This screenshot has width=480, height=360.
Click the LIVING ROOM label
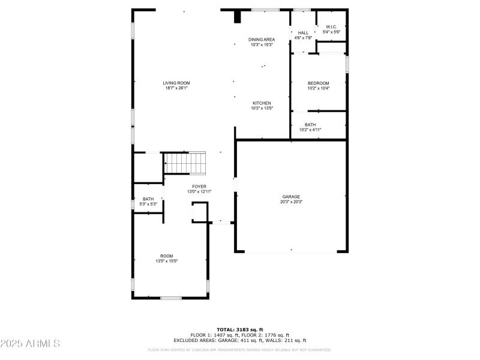pyautogui.click(x=176, y=83)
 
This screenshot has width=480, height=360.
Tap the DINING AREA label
pyautogui.click(x=261, y=40)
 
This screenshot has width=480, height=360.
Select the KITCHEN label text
pyautogui.click(x=261, y=103)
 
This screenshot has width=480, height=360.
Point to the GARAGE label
pyautogui.click(x=291, y=197)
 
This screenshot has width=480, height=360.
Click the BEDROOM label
pyautogui.click(x=318, y=83)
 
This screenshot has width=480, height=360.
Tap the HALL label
pyautogui.click(x=303, y=32)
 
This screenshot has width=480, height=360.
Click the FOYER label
pyautogui.click(x=199, y=187)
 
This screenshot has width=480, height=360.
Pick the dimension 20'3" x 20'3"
pyautogui.click(x=291, y=202)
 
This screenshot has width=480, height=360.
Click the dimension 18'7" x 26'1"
pyautogui.click(x=176, y=88)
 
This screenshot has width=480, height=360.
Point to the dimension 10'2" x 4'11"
pyautogui.click(x=310, y=130)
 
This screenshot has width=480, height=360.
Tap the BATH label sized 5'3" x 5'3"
pyautogui.click(x=148, y=199)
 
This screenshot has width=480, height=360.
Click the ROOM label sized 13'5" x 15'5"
pyautogui.click(x=166, y=256)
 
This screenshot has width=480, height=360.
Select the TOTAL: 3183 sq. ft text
pyautogui.click(x=239, y=329)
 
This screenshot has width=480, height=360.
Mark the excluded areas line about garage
pyautogui.click(x=239, y=340)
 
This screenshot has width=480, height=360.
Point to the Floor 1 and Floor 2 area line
pyautogui.click(x=239, y=335)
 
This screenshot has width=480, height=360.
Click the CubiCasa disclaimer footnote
pyautogui.click(x=239, y=349)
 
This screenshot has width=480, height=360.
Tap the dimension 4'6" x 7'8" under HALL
pyautogui.click(x=303, y=38)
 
